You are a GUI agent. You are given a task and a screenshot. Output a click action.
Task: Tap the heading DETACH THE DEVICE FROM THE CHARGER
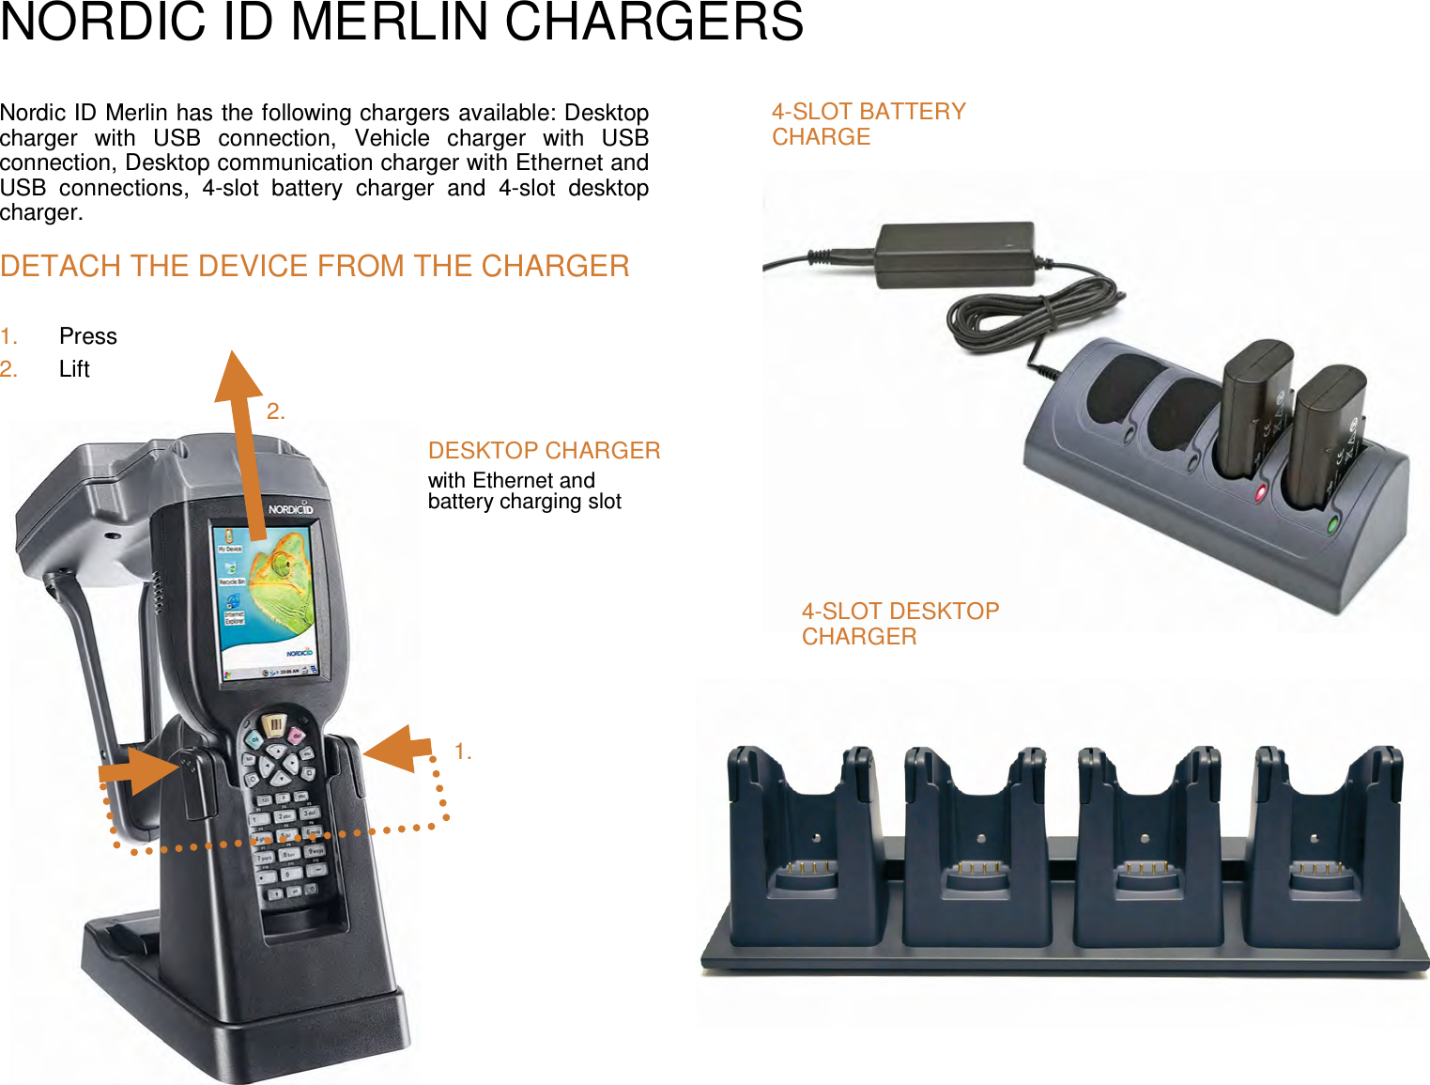(315, 267)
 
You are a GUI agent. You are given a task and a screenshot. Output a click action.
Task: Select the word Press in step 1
(88, 336)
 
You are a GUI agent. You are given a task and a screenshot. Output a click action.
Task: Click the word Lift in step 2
(74, 369)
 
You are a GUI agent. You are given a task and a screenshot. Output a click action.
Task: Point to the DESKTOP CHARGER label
(544, 451)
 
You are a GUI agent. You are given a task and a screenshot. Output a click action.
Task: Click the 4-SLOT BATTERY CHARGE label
(868, 124)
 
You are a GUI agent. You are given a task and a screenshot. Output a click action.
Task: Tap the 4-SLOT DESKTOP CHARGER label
(900, 624)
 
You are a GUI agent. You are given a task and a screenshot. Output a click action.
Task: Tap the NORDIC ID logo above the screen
(289, 509)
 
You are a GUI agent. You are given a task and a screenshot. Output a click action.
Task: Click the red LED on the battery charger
(1260, 492)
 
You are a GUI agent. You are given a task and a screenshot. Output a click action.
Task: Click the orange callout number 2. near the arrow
(275, 411)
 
